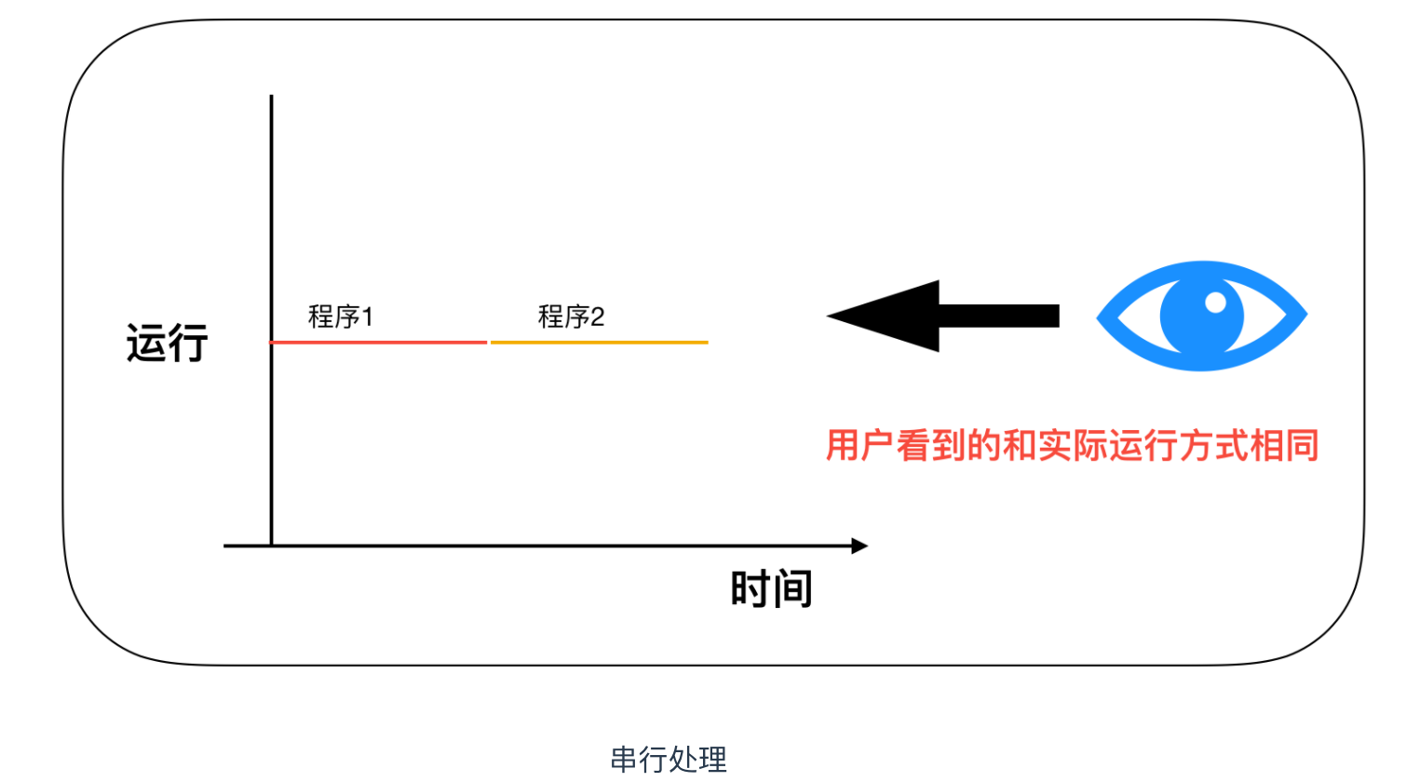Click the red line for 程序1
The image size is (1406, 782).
point(378,343)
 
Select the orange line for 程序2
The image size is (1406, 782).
point(599,343)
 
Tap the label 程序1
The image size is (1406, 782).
point(341,317)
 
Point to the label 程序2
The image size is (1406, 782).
point(571,317)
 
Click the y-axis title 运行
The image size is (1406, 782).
point(168,343)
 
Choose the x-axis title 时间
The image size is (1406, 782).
point(771,589)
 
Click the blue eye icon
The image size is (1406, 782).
point(1201,317)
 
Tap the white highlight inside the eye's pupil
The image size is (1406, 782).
point(1215,302)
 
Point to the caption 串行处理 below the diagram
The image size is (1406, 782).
point(669,760)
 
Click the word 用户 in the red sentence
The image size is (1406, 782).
point(859,446)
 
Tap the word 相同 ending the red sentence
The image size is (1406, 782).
point(1284,446)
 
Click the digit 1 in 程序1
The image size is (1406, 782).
point(367,317)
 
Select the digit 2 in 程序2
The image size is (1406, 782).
point(597,317)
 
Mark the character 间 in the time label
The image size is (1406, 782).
point(792,589)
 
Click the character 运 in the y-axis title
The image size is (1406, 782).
point(146,343)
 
